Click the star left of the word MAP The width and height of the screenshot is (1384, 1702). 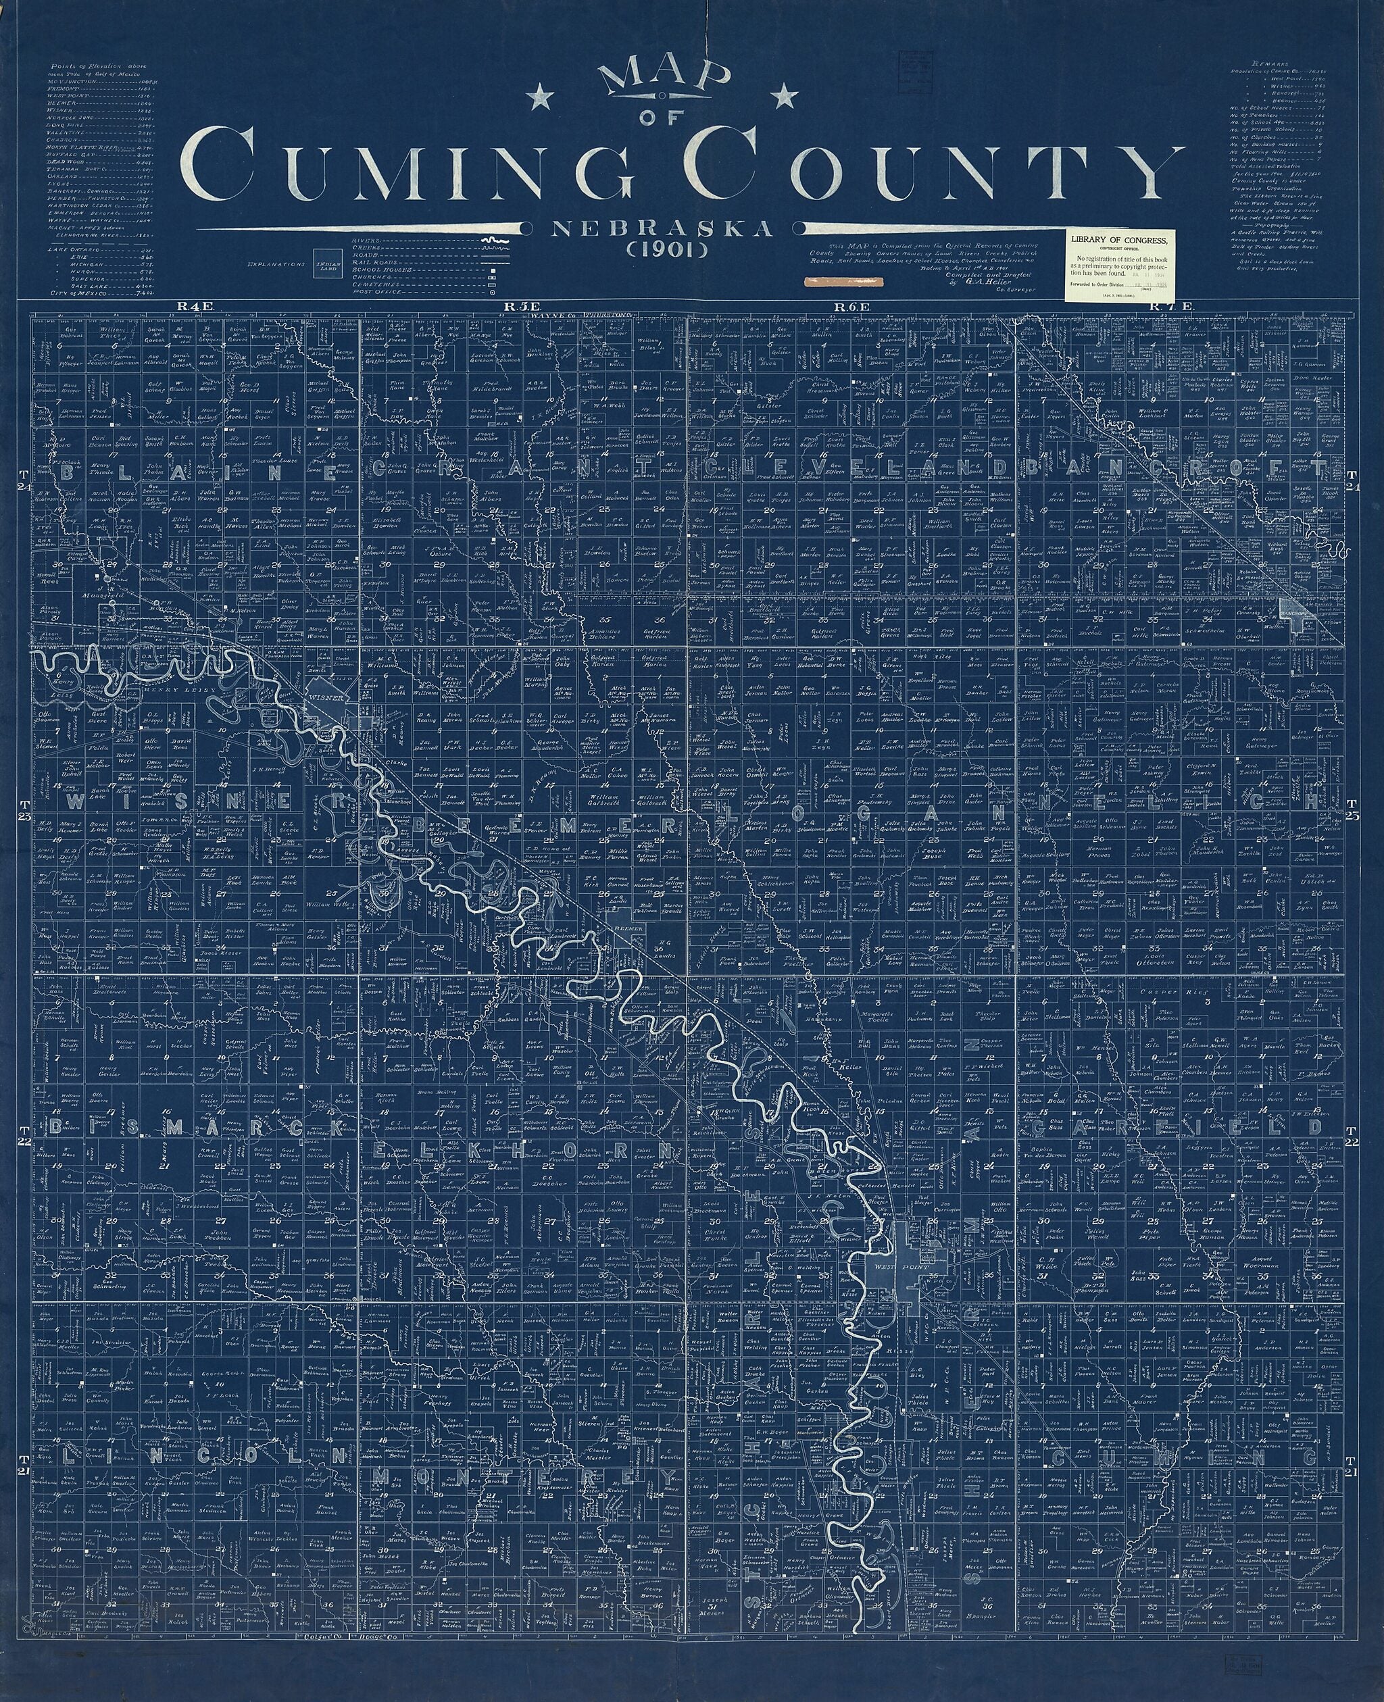coord(543,98)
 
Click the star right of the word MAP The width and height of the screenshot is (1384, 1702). coord(786,98)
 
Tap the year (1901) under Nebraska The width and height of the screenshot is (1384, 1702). coord(660,249)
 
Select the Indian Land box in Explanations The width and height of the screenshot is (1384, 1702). coord(328,266)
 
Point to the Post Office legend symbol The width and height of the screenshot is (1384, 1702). coord(493,292)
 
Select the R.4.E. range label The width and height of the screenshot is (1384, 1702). coord(192,306)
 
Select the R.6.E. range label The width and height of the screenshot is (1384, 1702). coord(846,306)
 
